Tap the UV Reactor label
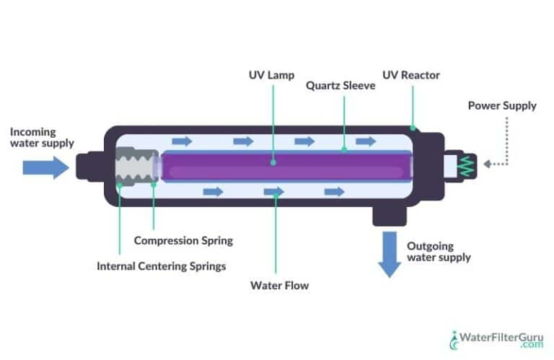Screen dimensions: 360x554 pyautogui.click(x=412, y=75)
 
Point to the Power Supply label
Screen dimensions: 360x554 pyautogui.click(x=502, y=105)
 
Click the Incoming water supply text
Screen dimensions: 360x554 pyautogui.click(x=42, y=137)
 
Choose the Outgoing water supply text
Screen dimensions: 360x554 pyautogui.click(x=439, y=251)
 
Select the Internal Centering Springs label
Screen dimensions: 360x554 pyautogui.click(x=161, y=265)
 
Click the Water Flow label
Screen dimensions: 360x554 pyautogui.click(x=279, y=285)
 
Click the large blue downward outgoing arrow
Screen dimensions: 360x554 pyautogui.click(x=390, y=253)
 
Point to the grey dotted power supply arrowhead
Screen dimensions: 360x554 pyautogui.click(x=488, y=164)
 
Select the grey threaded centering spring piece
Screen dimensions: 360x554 pyautogui.click(x=134, y=165)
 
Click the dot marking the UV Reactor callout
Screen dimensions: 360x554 pyautogui.click(x=413, y=128)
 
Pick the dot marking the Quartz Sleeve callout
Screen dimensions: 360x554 pyautogui.click(x=344, y=150)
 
